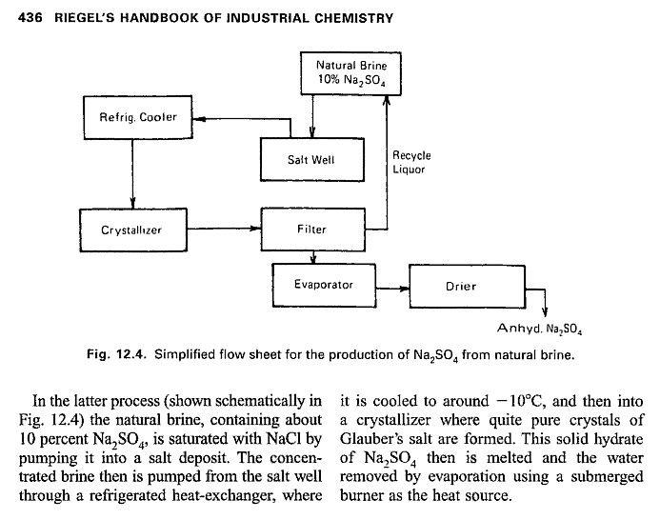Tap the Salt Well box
coord(310,159)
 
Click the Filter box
coord(310,229)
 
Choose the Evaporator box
coord(323,284)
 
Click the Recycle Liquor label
coord(411,162)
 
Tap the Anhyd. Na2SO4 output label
coord(539,330)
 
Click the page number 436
coord(31,18)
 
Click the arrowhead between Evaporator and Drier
coord(403,285)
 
